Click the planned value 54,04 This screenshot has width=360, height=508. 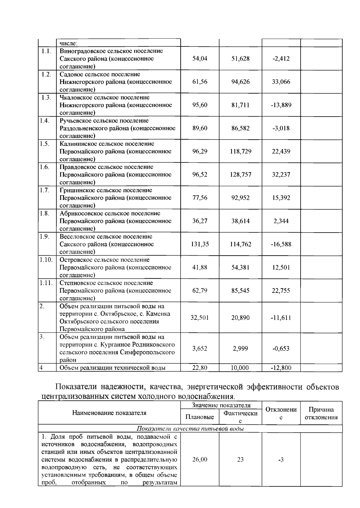click(199, 59)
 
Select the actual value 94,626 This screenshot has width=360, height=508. click(240, 82)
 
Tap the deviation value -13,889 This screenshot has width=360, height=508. click(281, 105)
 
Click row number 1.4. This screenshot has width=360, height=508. click(44, 121)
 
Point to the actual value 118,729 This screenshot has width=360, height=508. click(240, 152)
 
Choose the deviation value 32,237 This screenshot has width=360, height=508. click(281, 175)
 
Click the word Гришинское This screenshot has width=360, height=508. click(76, 190)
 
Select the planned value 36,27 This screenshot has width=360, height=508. click(199, 221)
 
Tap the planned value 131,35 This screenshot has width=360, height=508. click(199, 244)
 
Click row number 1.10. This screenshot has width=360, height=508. click(46, 260)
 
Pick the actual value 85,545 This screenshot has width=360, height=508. click(240, 291)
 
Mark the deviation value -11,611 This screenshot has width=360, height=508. click(281, 318)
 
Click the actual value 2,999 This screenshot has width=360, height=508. click(240, 349)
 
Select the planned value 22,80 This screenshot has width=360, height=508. click(199, 368)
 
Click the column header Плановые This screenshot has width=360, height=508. click(199, 417)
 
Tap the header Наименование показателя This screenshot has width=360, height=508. click(109, 413)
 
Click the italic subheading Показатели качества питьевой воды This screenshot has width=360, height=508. click(190, 429)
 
